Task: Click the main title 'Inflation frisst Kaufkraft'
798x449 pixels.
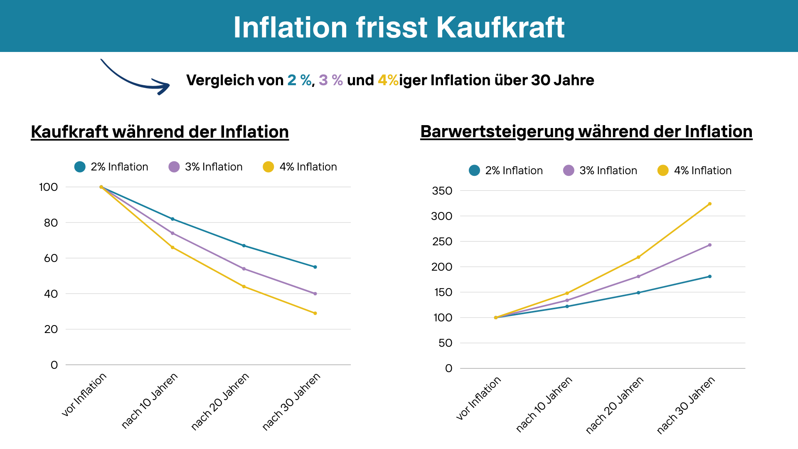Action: [399, 27]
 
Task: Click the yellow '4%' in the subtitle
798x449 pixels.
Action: [388, 80]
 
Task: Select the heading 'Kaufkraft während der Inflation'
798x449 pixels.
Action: [160, 132]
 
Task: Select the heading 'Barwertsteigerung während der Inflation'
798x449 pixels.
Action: [586, 131]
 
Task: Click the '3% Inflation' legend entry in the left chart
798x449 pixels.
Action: [206, 167]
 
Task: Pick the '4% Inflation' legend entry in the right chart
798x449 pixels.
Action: [695, 170]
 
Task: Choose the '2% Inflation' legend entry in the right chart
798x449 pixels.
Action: [506, 170]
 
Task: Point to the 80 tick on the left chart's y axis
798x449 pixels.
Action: [51, 223]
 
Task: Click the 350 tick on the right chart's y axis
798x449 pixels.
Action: [442, 191]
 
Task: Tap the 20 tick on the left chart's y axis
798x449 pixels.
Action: [51, 329]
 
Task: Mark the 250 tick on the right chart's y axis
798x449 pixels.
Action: [442, 242]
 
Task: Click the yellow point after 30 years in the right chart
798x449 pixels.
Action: [709, 204]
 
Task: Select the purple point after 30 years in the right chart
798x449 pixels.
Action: [709, 245]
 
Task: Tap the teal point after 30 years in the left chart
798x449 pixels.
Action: [315, 267]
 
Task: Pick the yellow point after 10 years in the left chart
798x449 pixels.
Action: [172, 247]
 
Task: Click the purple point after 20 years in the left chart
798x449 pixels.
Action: [244, 269]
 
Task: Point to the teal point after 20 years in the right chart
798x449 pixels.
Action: [638, 293]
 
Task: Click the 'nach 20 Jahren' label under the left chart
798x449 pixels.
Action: [220, 401]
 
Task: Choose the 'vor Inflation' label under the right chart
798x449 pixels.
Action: [479, 398]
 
